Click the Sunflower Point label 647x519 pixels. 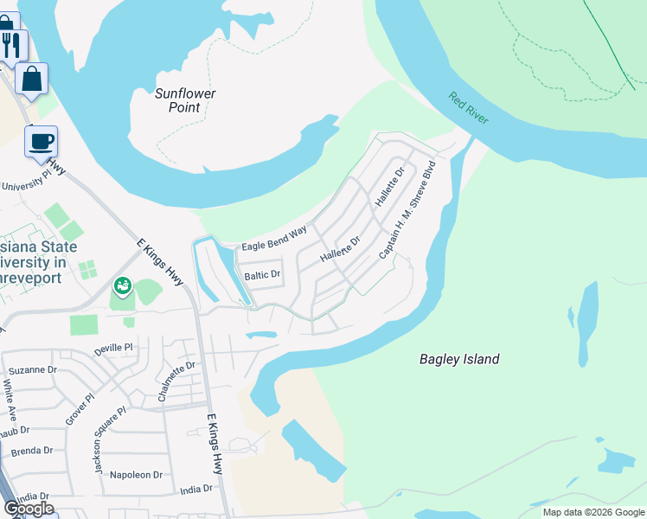pos(185,100)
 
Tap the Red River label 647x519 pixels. pos(469,108)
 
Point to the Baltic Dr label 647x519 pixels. pos(263,275)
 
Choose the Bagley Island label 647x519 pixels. pos(459,359)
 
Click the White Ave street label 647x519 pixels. pos(11,394)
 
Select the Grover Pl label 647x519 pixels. pos(78,409)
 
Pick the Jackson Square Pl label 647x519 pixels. pos(111,441)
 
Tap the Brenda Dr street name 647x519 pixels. pos(31,451)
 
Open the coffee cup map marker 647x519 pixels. pos(41,141)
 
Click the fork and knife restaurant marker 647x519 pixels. pos(12,43)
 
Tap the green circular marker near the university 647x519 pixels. pos(123,285)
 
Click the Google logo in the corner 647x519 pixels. pos(29,509)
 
